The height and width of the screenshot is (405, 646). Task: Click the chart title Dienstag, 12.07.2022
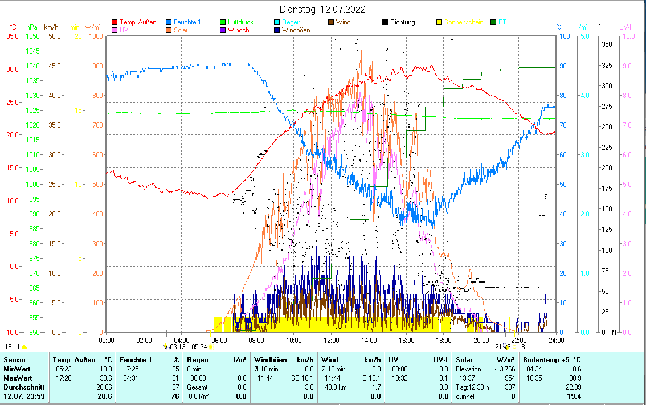pyautogui.click(x=322, y=9)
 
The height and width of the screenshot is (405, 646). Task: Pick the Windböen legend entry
pyautogui.click(x=296, y=30)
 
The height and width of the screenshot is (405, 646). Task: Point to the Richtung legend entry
pyautogui.click(x=402, y=22)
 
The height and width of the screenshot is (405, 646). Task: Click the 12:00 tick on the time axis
pyautogui.click(x=331, y=341)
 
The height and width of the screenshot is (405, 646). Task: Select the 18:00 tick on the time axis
pyautogui.click(x=443, y=341)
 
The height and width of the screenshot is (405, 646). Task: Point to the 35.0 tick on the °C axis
pyautogui.click(x=13, y=36)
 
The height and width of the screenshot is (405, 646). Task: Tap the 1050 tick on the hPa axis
pyautogui.click(x=33, y=36)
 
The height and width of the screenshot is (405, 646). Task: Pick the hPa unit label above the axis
pyautogui.click(x=32, y=27)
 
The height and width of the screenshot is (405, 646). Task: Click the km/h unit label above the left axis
pyautogui.click(x=51, y=27)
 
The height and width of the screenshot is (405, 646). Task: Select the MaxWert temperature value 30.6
pyautogui.click(x=104, y=378)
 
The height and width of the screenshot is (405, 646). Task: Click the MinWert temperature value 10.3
pyautogui.click(x=104, y=369)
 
